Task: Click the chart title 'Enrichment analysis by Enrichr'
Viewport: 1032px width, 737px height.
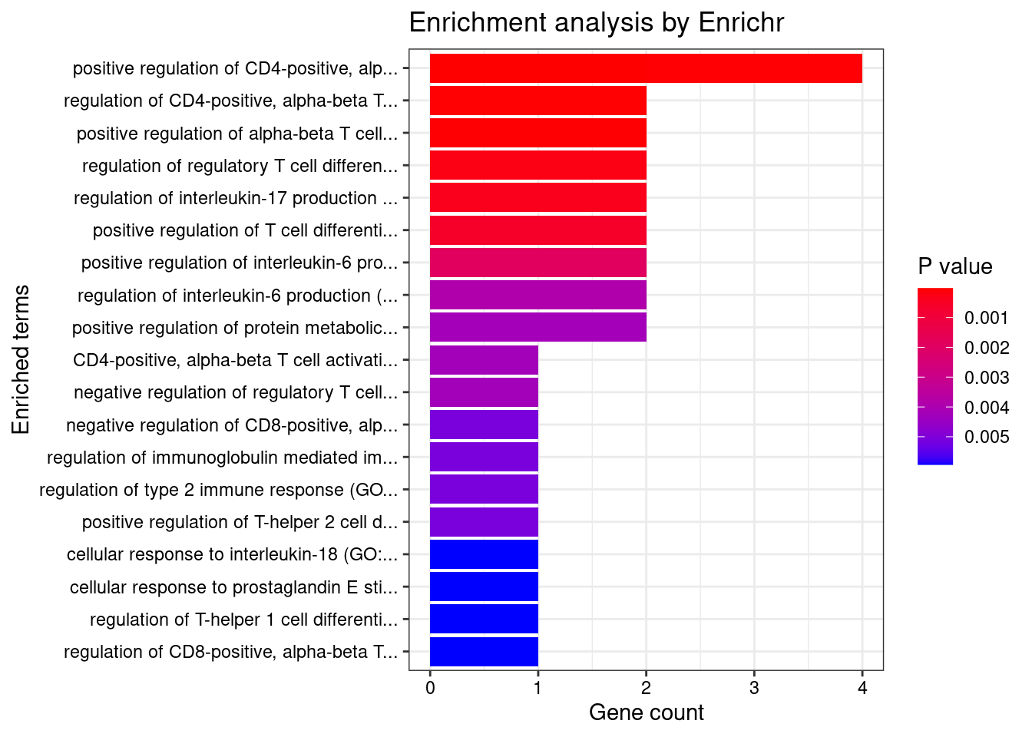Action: [x=596, y=23]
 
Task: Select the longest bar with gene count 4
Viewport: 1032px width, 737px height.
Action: [x=645, y=68]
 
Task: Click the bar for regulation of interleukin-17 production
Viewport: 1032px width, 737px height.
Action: [x=537, y=198]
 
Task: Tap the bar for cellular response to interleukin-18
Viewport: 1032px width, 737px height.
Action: [x=484, y=554]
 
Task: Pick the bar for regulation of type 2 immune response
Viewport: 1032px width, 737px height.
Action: [x=484, y=490]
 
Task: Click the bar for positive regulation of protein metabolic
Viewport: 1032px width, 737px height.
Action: [x=537, y=328]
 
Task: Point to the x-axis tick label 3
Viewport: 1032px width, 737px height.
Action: [x=754, y=689]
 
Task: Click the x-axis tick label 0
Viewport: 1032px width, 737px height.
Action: [x=430, y=689]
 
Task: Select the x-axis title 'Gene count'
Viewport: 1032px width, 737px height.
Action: [x=646, y=713]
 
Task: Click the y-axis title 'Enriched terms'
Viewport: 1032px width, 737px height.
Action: [x=21, y=359]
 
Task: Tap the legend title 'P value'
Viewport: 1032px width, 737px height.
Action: [x=954, y=267]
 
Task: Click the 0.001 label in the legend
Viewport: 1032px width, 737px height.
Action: [x=987, y=319]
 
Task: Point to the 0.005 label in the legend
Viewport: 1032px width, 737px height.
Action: [x=987, y=438]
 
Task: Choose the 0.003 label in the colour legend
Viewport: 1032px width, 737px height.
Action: [x=987, y=378]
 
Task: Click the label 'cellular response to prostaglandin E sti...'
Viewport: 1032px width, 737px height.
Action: [x=233, y=588]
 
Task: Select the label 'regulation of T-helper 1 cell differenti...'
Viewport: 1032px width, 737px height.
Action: [x=243, y=620]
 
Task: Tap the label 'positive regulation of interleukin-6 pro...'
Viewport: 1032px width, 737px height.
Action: [x=240, y=263]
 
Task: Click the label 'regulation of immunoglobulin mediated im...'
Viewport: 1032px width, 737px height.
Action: [x=222, y=458]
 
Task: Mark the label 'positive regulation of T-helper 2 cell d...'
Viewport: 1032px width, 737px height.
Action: [x=240, y=523]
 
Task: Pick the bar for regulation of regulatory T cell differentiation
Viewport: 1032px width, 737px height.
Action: [x=537, y=166]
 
